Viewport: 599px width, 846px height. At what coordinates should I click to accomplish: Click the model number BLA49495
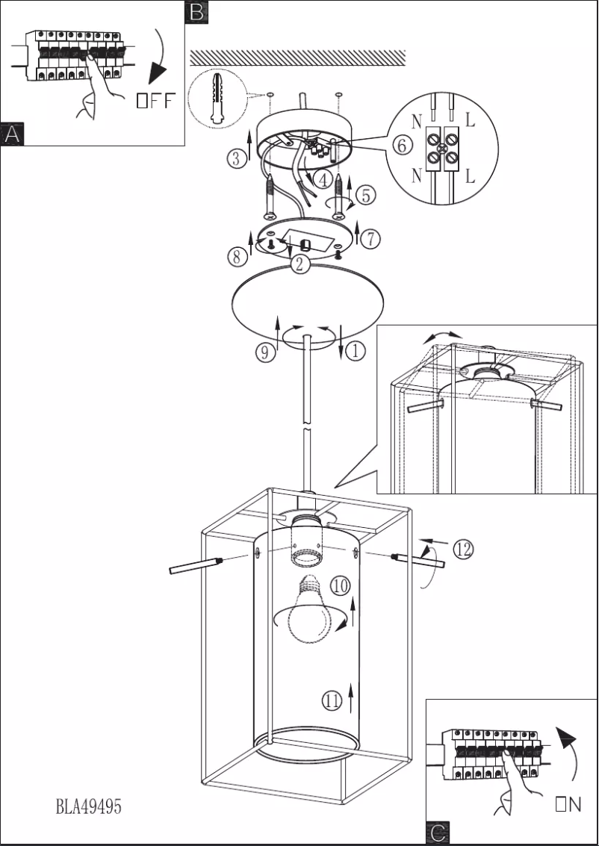[x=88, y=807]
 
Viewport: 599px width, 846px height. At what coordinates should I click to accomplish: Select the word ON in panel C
[x=568, y=804]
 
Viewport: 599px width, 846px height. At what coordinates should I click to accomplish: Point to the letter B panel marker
[x=196, y=11]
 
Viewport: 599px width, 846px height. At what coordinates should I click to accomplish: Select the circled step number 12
[x=462, y=550]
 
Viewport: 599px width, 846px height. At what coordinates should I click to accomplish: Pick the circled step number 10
[x=341, y=586]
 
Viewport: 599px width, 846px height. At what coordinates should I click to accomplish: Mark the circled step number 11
[x=332, y=700]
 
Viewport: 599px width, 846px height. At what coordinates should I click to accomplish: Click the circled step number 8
[x=237, y=256]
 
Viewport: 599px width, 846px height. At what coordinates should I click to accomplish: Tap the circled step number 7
[x=371, y=238]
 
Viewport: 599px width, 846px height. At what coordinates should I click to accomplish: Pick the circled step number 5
[x=365, y=196]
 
